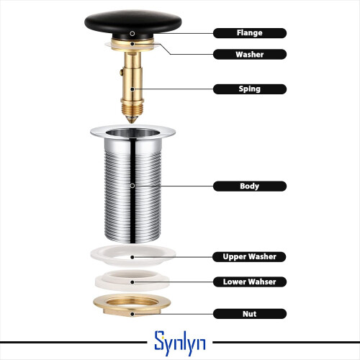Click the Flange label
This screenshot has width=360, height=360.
(x=250, y=33)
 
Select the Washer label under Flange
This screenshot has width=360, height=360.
(x=250, y=54)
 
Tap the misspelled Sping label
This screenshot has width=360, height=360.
(x=250, y=89)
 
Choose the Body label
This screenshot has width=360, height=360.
(x=250, y=186)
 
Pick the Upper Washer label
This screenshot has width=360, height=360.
(x=249, y=257)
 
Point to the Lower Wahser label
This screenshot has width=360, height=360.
(x=250, y=282)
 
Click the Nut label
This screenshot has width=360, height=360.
(x=250, y=314)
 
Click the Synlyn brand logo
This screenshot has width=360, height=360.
(x=180, y=343)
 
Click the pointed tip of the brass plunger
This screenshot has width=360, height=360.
(x=132, y=122)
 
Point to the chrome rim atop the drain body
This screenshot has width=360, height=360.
(x=132, y=132)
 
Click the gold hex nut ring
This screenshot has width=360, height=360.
(x=132, y=305)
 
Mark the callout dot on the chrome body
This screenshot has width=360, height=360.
(x=132, y=186)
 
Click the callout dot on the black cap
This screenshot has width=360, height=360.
(x=132, y=33)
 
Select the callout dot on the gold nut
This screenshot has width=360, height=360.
(x=132, y=314)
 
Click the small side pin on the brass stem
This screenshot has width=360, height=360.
(x=121, y=72)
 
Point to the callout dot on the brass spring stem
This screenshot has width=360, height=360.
(x=132, y=89)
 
